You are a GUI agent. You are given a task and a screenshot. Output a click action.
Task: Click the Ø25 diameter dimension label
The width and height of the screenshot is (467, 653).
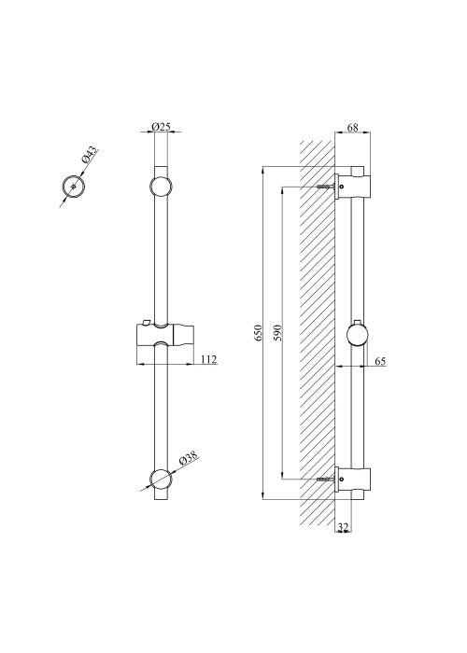[161, 126]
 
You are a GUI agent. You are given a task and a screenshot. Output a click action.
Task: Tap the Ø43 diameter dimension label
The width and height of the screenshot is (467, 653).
[89, 155]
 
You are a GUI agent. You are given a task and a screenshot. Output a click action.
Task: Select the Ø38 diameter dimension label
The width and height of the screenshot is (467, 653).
[188, 459]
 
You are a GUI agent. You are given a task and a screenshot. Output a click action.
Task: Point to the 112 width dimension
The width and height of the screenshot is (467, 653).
[209, 359]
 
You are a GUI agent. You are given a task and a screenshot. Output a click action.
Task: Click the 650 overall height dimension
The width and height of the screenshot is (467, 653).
[258, 333]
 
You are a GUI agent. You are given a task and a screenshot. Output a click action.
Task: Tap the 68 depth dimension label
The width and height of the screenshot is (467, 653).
[353, 127]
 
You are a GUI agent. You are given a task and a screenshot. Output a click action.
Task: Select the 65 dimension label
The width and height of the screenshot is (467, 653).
[380, 361]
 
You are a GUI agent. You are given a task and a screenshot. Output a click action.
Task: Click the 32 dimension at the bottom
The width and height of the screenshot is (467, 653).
[343, 527]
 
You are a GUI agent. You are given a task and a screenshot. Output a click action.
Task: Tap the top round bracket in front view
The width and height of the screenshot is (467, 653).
[161, 187]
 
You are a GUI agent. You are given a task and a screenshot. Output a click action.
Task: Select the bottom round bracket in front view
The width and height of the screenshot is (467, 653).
[161, 479]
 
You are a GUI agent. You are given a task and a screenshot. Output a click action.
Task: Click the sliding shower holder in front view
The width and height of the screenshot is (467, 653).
[165, 334]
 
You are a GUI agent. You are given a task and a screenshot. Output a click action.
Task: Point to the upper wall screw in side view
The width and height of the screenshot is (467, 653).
[327, 187]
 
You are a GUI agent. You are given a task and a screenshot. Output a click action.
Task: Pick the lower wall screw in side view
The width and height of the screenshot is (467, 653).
[327, 479]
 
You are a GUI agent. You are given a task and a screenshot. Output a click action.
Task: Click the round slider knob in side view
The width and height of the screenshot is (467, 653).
[358, 336]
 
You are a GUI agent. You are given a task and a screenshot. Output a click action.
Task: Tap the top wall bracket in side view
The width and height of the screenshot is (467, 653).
[353, 187]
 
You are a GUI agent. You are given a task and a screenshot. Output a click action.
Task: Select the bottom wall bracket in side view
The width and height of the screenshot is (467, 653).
[353, 479]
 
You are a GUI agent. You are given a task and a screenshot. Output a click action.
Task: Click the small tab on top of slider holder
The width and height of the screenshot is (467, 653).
[146, 322]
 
